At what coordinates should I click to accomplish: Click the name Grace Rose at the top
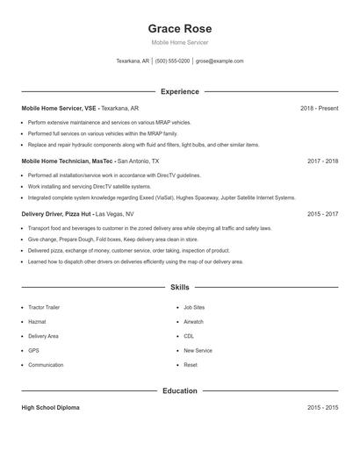pos(179,28)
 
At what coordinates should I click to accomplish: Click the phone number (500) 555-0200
pos(172,61)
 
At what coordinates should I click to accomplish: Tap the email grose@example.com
pos(220,61)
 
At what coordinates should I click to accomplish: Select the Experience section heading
pos(179,91)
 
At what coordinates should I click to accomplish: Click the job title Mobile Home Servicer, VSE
pos(59,108)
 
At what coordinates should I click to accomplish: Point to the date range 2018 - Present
pos(319,108)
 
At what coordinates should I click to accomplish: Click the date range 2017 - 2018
pos(323,161)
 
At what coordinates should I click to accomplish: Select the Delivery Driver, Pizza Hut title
pos(55,214)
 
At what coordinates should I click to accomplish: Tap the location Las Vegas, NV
pos(114,214)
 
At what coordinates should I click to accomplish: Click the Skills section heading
pos(179,287)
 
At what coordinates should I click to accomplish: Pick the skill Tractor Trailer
pos(44,308)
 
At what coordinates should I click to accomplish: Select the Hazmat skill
pos(38,322)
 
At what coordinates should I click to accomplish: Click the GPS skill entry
pos(33,351)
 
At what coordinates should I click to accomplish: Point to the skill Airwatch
pos(193,322)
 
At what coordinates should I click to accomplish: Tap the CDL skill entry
pos(189,336)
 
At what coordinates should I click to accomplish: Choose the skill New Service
pos(198,351)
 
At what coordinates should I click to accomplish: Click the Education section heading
pos(179,390)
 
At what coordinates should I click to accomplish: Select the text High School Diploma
pos(50,408)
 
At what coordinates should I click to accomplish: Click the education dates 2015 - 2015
pos(323,408)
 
